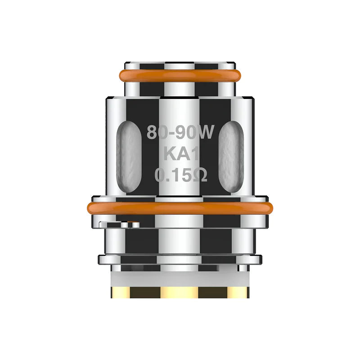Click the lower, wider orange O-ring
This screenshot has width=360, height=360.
click(180, 208)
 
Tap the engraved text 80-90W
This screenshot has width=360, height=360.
click(182, 132)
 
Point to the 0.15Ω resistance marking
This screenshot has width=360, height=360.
click(181, 175)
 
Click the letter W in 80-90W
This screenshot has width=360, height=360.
click(208, 132)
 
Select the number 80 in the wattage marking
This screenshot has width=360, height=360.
click(156, 132)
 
